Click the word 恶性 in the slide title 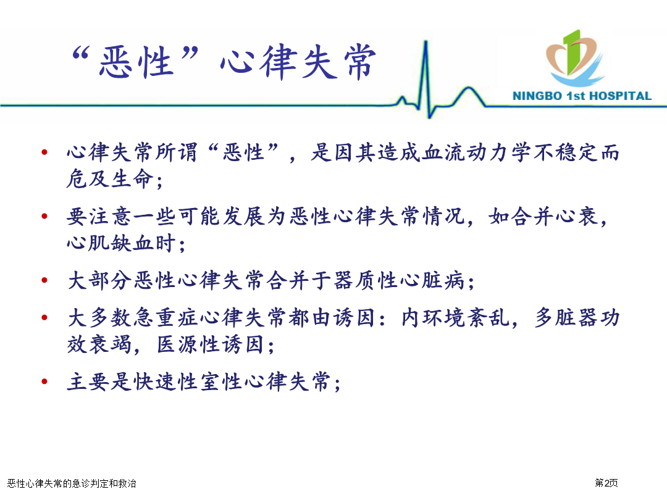[x=136, y=62]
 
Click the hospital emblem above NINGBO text [x=575, y=57]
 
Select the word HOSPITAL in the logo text [x=620, y=96]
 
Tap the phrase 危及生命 [x=110, y=178]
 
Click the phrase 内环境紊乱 [x=455, y=318]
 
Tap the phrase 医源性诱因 [x=210, y=344]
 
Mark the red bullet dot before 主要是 [x=44, y=381]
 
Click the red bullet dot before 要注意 [x=44, y=217]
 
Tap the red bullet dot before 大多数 [x=44, y=318]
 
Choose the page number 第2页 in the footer [x=606, y=483]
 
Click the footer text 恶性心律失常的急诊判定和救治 [x=72, y=483]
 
